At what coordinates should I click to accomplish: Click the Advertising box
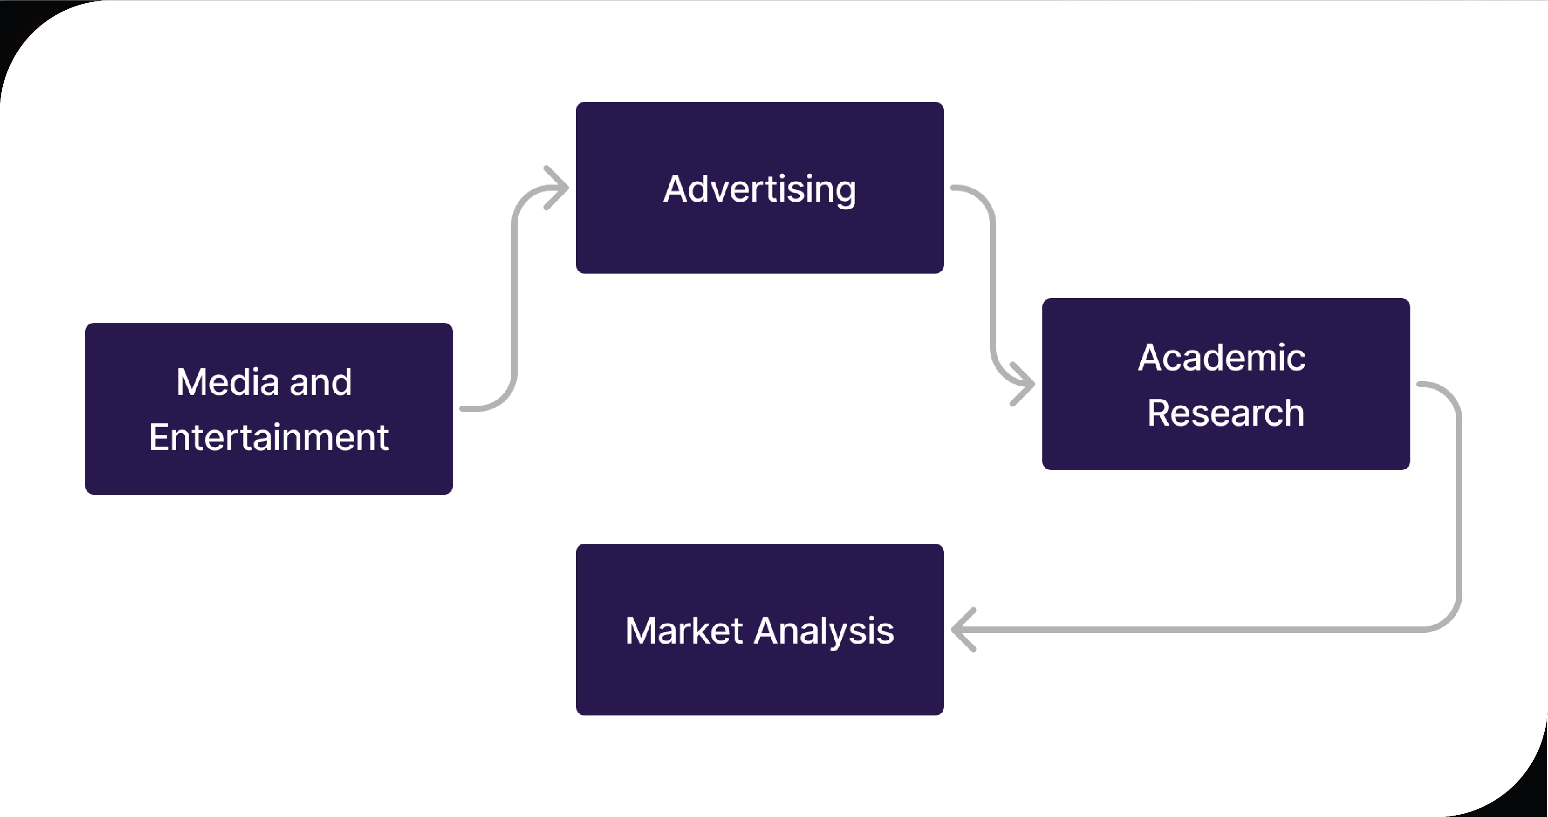pos(760,241)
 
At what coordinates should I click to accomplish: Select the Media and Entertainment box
pos(269,475)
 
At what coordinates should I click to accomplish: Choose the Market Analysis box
pos(760,685)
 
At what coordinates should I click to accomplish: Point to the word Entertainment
pos(269,437)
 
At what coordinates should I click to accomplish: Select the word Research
pos(1225,413)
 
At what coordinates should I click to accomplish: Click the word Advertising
pos(760,189)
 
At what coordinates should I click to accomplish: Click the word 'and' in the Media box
pos(320,383)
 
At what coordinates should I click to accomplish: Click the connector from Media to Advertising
pos(514,300)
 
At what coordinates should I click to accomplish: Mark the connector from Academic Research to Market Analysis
pos(1459,511)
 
